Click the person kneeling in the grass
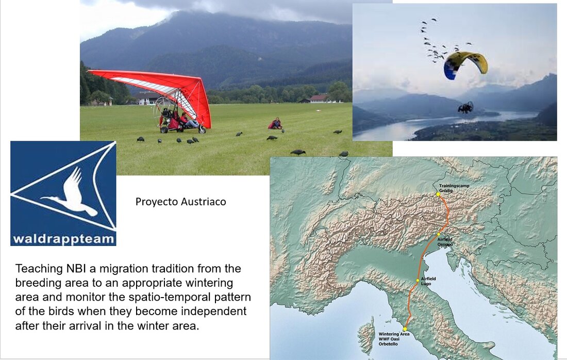tap(276, 123)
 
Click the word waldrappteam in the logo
tap(63, 239)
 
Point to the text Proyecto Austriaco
tap(181, 202)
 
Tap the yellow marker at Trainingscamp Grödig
tap(438, 194)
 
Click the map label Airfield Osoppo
tap(445, 242)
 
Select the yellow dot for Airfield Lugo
tap(418, 281)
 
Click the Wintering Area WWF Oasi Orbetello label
tap(394, 339)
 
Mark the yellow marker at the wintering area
tap(405, 329)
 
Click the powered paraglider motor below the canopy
tap(465, 107)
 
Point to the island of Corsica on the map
tap(367, 335)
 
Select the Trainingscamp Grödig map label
tap(454, 188)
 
